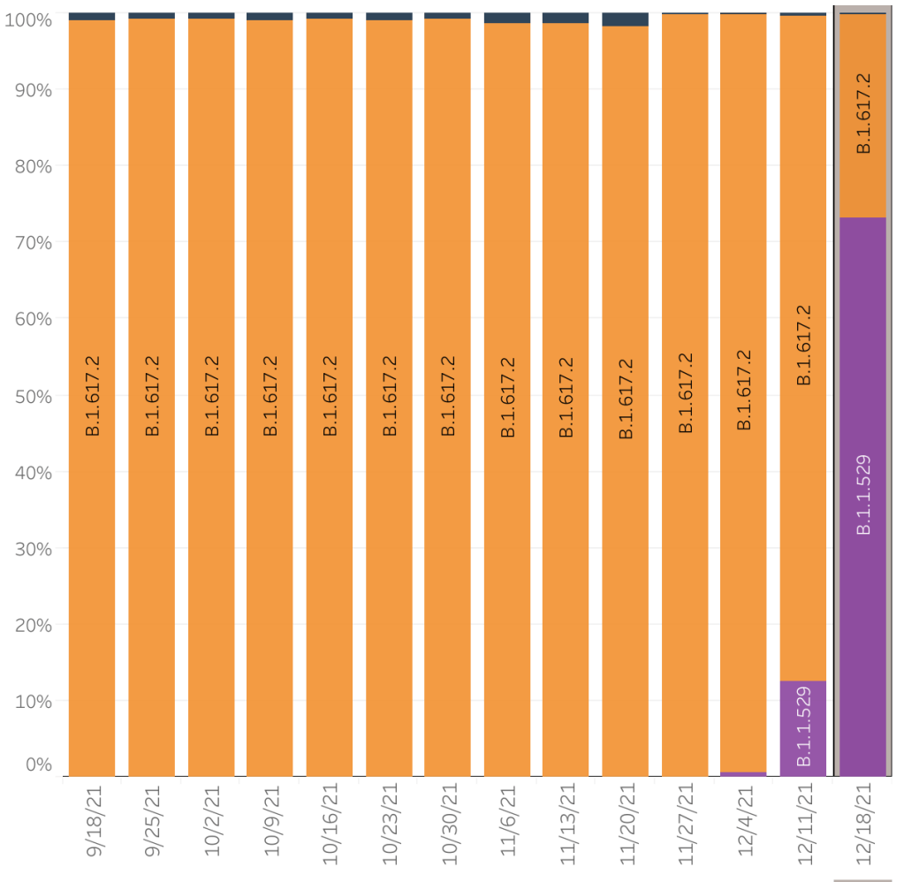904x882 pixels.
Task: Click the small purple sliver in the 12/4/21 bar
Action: pos(743,773)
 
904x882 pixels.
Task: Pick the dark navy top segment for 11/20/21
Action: pos(625,19)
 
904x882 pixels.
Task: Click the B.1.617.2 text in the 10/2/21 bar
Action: pos(212,396)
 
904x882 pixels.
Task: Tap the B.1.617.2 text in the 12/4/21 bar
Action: pos(744,390)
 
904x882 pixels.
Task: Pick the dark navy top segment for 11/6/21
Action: pos(507,18)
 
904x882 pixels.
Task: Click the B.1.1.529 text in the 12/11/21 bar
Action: pos(803,725)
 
